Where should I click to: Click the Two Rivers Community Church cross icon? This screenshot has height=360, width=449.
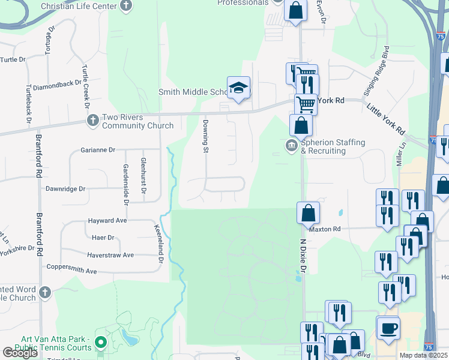[x=92, y=121]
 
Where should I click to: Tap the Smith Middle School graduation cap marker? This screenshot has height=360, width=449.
[x=238, y=88]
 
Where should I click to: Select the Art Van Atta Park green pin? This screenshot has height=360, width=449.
[x=101, y=343]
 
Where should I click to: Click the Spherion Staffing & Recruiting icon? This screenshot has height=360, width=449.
[x=292, y=145]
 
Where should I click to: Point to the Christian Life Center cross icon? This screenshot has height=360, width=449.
[x=125, y=6]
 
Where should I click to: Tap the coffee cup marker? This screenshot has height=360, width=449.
[x=388, y=328]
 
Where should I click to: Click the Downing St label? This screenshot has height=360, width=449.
[x=205, y=136]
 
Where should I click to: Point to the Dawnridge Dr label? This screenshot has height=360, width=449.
[x=65, y=188]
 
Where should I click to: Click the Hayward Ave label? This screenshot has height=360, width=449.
[x=107, y=221]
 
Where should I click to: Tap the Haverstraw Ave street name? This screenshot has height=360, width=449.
[x=110, y=255]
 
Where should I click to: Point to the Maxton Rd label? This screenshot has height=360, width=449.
[x=325, y=229]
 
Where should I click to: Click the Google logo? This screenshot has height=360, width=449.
[x=20, y=353]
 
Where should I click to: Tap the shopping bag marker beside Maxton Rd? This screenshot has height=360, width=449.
[x=308, y=212]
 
